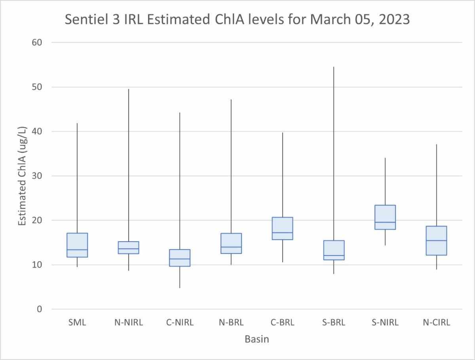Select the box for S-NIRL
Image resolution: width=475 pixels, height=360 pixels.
tap(385, 217)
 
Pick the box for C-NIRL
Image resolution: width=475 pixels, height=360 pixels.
tap(180, 258)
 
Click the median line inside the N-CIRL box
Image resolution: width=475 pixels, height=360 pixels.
tap(437, 240)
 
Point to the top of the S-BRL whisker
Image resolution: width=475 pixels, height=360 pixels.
tap(334, 67)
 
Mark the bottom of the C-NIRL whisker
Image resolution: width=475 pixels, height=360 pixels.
tap(180, 288)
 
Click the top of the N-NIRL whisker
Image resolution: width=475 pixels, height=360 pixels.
tap(128, 89)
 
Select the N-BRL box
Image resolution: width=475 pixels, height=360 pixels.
tap(231, 243)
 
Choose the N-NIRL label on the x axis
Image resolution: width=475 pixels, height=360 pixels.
tap(128, 323)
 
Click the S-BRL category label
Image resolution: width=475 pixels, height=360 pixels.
tap(334, 323)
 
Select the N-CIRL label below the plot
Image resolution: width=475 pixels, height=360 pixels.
tap(437, 323)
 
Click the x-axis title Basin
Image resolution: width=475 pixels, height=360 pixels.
tap(257, 339)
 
